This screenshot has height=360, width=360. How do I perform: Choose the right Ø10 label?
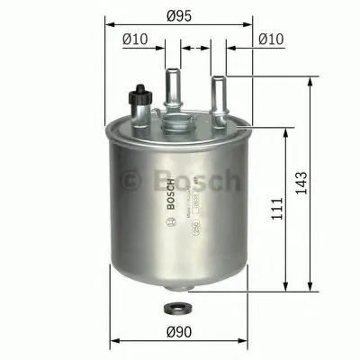[270, 39]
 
